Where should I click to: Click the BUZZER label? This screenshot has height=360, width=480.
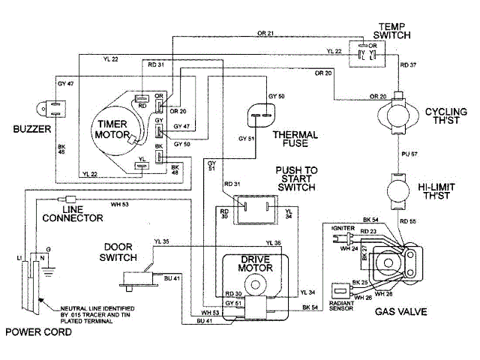[x=30, y=129]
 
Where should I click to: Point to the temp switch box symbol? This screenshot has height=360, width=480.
[x=368, y=53]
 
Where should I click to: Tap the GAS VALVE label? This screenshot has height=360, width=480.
[x=397, y=309]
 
